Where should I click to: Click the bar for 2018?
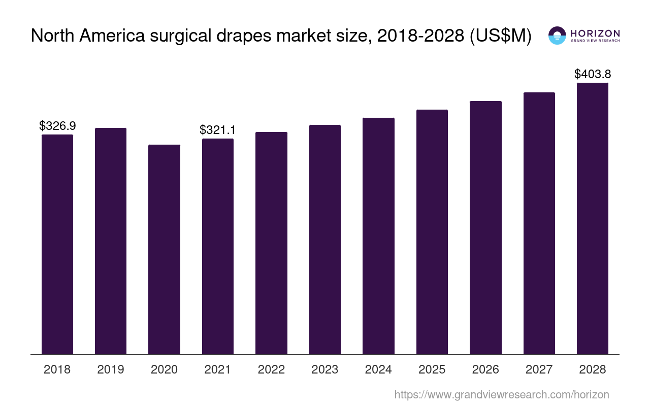pos(57,244)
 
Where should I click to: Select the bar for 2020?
pos(164,249)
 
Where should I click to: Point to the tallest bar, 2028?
pos(593,218)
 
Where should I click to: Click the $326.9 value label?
pos(57,126)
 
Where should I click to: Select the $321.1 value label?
pos(217,130)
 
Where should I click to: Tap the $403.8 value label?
pos(593,74)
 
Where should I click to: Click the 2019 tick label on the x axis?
pos(111,369)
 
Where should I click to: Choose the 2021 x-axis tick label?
pos(217,369)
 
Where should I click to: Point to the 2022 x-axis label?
pos(271,369)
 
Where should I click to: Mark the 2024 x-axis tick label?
pos(378,369)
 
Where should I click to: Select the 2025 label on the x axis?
pos(432,369)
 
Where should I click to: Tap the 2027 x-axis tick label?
pos(539,369)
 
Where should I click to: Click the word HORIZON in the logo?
pos(595,33)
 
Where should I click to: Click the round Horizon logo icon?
pos(557,36)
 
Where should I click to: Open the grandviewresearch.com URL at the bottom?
pos(501,394)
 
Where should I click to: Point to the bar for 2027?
pos(539,223)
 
